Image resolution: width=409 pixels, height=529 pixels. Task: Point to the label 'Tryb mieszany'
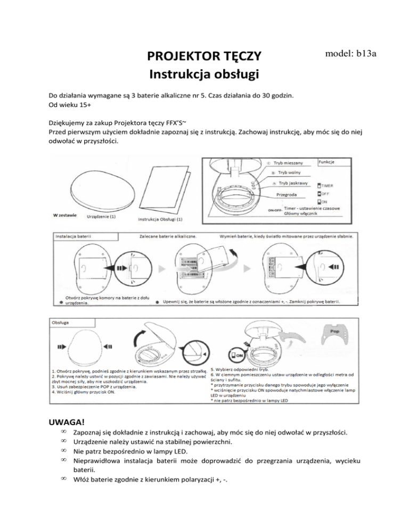(x=289, y=162)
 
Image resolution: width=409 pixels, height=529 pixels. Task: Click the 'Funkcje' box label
(x=326, y=161)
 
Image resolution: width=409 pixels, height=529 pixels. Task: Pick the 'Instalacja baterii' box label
(x=72, y=235)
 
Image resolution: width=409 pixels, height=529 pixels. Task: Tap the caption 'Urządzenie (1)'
(x=101, y=217)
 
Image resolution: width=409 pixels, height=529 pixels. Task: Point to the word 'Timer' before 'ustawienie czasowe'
(x=290, y=209)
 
